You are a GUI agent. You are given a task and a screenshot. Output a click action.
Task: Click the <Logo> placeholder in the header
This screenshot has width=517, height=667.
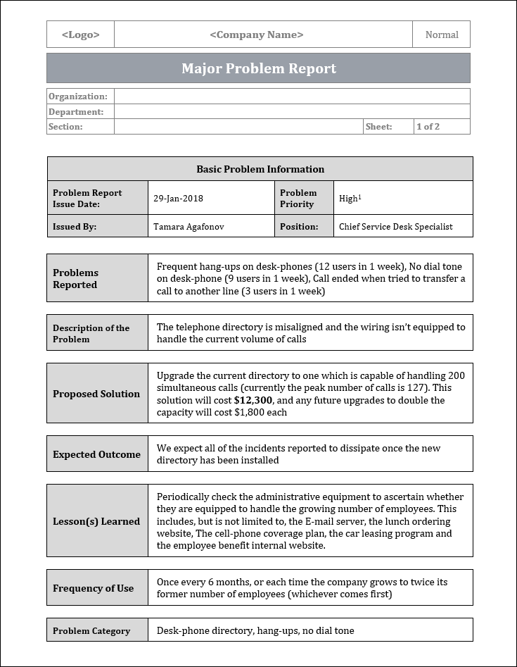(80, 35)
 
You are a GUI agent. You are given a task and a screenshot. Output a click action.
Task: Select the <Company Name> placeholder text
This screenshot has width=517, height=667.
(257, 35)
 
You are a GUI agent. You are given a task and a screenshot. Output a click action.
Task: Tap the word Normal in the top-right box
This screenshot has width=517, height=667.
(442, 35)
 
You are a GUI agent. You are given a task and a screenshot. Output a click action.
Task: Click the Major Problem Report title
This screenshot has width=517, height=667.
(259, 68)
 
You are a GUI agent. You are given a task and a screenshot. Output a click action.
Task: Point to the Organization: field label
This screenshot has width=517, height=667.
(78, 96)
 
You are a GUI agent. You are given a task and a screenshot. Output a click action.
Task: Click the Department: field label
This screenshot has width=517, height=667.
(76, 112)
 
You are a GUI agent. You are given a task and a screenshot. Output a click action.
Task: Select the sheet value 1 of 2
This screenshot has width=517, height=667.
(428, 127)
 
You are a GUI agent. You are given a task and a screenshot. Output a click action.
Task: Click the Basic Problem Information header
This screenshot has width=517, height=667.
(260, 169)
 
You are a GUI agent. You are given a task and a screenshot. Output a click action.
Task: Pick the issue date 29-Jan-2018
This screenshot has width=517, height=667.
(178, 199)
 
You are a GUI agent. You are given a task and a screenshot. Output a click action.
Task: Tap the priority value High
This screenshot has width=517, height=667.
(349, 199)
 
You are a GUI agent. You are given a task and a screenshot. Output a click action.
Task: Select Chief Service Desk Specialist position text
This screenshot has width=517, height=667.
(395, 227)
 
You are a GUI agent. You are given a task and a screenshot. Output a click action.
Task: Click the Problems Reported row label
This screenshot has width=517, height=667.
(76, 279)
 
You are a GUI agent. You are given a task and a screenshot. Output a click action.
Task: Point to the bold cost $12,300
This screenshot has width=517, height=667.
(253, 400)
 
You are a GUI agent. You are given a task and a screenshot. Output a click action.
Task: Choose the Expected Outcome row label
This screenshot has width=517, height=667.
(96, 454)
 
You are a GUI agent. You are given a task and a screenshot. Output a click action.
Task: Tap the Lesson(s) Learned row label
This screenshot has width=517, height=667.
(96, 522)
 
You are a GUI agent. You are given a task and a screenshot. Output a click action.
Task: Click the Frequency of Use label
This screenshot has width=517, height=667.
(93, 588)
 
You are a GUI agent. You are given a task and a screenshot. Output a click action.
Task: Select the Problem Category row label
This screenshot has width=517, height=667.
(91, 631)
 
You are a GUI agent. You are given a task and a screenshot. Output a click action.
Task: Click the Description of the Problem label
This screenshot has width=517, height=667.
(91, 333)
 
